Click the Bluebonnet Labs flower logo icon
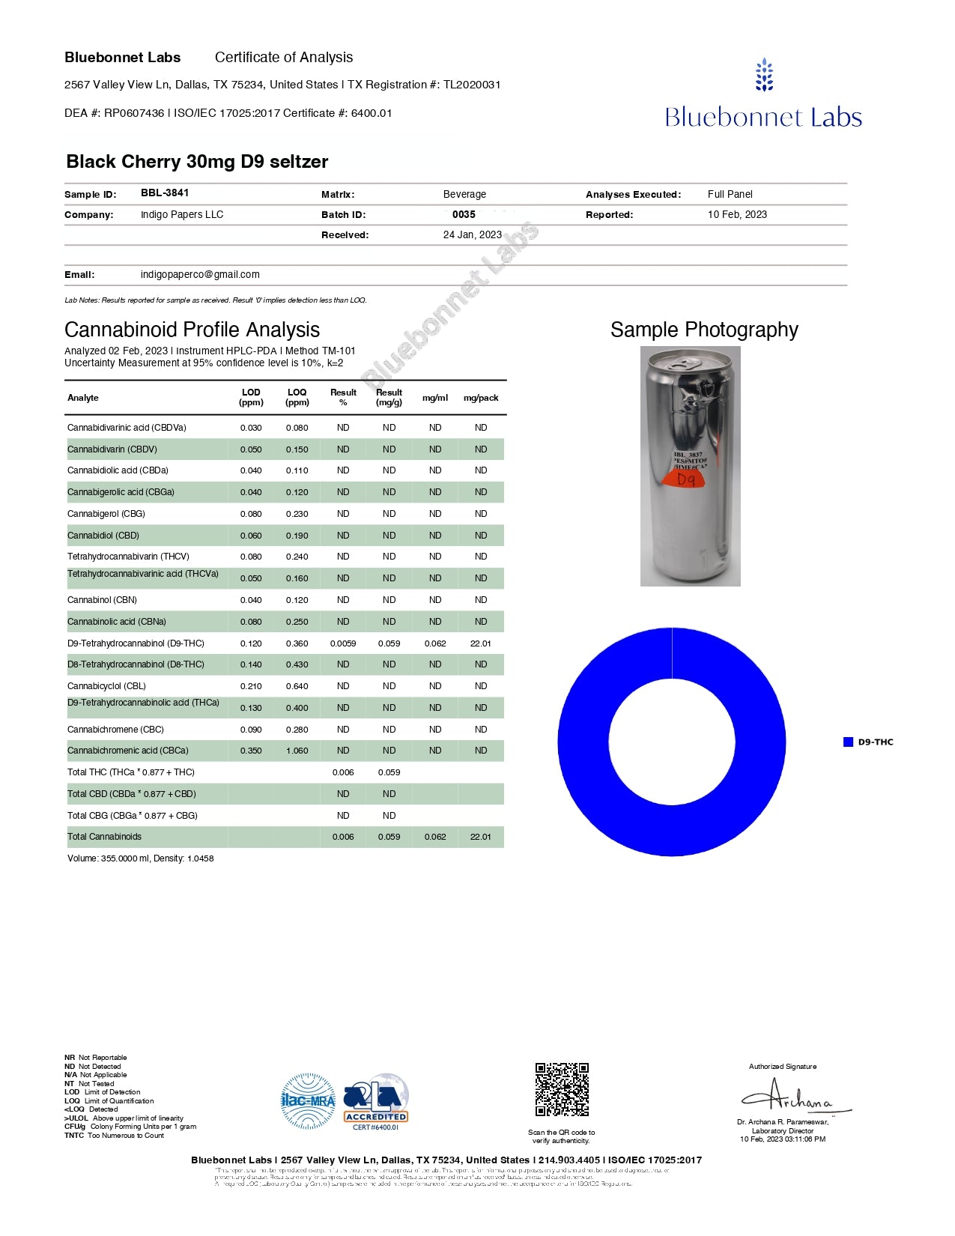coord(763,75)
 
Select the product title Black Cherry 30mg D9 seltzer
coord(197,162)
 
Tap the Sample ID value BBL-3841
coord(165,193)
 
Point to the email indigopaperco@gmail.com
coord(200,275)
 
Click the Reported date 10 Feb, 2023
coord(737,215)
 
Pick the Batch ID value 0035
coord(464,215)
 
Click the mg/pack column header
coord(481,398)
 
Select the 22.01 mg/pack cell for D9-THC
coord(481,643)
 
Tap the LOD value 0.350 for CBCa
coord(251,751)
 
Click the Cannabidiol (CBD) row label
coord(103,536)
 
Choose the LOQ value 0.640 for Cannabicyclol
coord(297,686)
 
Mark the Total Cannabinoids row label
coord(104,837)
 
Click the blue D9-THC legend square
coord(848,742)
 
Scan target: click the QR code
coord(562,1089)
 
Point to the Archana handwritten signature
coord(794,1098)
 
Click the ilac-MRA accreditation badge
coord(308,1100)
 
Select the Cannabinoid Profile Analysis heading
coord(192,330)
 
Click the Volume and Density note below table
coord(140,858)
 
